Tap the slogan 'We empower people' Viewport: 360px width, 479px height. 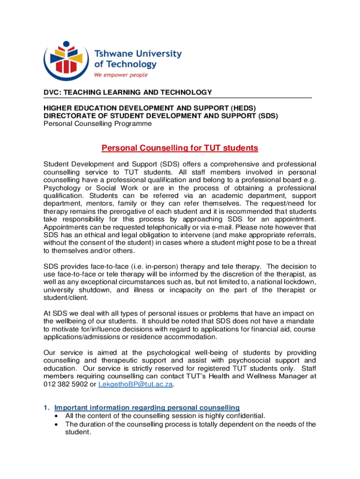[121, 75]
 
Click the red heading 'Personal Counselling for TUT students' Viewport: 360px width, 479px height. [180, 148]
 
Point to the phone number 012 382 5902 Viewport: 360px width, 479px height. [63, 385]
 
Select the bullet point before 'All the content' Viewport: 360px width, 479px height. [57, 416]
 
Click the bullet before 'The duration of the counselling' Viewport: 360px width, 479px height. [57, 424]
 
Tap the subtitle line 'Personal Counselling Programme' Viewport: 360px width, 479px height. [98, 124]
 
